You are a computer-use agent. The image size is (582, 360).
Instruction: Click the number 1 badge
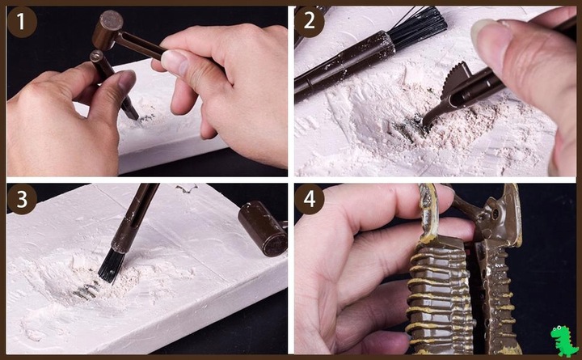22,22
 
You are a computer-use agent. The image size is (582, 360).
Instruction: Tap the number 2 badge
309,22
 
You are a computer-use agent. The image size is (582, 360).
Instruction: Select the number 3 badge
22,200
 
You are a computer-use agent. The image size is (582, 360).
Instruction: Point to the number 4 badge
309,200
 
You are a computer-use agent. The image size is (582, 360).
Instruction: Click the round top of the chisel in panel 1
96,56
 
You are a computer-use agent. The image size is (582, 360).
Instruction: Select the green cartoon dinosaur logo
564,341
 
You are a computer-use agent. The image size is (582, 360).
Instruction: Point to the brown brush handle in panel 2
344,66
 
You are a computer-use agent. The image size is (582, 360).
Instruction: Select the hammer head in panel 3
263,228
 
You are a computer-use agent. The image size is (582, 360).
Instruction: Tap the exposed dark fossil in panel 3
86,290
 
